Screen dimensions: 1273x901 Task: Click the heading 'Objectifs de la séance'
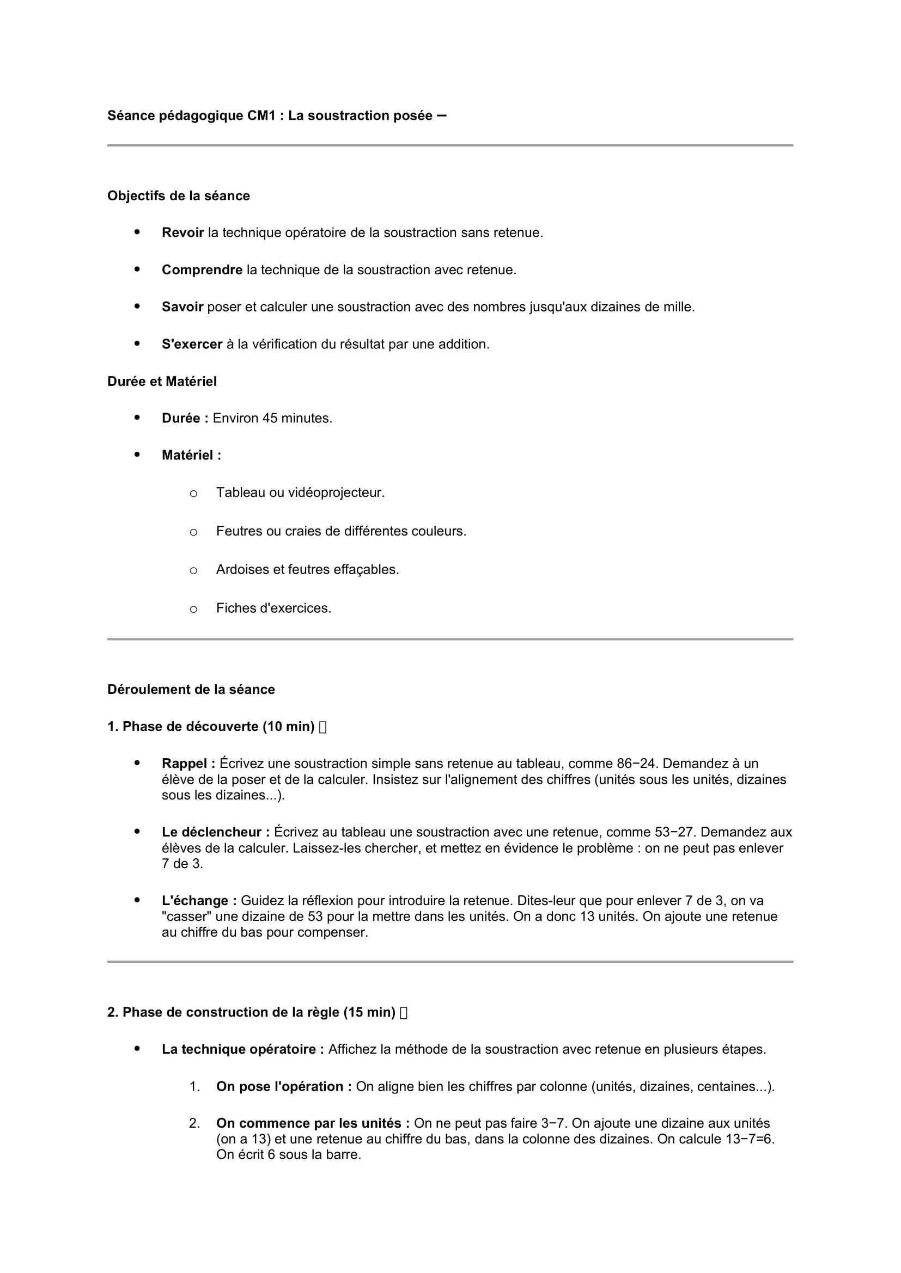(x=178, y=196)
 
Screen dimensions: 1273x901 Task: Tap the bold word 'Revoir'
(x=182, y=232)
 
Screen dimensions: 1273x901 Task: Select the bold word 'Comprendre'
(x=202, y=269)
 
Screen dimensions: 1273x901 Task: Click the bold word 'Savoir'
(x=182, y=306)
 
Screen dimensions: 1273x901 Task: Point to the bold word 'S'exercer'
(x=192, y=344)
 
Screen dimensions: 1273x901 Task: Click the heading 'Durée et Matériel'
(x=162, y=381)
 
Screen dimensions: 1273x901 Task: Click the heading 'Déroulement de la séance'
(x=191, y=689)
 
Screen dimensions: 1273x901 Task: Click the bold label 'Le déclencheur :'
(x=215, y=832)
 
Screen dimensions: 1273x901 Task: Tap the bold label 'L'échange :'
(x=199, y=900)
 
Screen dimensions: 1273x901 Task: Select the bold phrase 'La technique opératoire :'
(x=242, y=1049)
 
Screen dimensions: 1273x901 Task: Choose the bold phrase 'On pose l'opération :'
(x=283, y=1086)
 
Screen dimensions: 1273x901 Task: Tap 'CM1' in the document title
(x=261, y=115)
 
